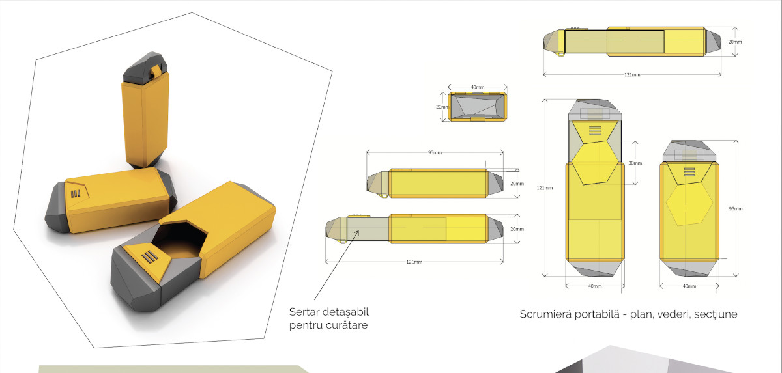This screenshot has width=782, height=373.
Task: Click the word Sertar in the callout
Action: tap(304, 312)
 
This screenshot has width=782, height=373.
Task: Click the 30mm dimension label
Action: tap(635, 163)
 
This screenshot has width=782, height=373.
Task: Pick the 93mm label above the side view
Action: tap(435, 152)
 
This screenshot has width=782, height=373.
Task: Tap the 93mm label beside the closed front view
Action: tap(736, 208)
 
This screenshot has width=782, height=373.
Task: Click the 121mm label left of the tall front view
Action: tap(545, 188)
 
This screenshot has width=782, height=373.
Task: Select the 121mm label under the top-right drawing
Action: tap(632, 74)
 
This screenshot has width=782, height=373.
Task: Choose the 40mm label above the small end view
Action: tap(478, 87)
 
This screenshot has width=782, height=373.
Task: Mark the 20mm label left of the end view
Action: tap(442, 107)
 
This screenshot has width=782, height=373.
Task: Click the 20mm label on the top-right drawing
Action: tap(735, 42)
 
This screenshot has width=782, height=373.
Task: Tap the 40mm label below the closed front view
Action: tap(689, 286)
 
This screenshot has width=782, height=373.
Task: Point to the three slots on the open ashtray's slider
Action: tap(149, 256)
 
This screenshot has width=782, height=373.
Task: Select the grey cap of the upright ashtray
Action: tap(145, 67)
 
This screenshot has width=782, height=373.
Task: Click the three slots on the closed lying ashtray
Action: tap(76, 193)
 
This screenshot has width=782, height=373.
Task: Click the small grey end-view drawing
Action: tap(478, 107)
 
